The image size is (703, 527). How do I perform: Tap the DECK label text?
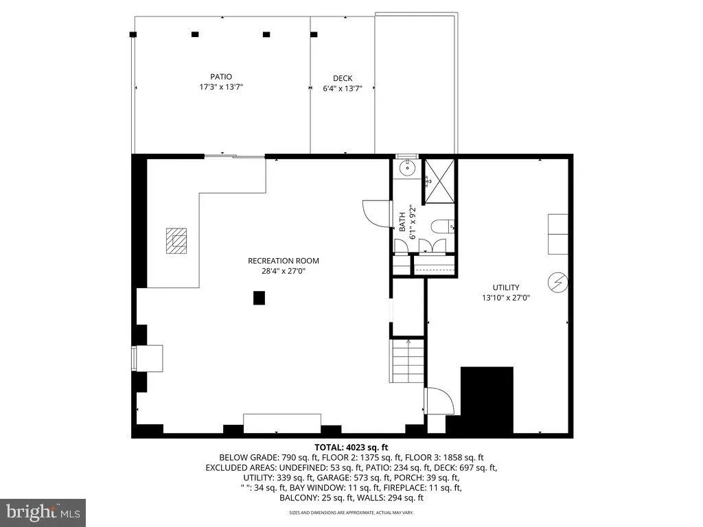coord(342,78)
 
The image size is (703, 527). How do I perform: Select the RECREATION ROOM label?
coord(283,261)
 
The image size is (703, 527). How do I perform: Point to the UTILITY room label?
coord(505,288)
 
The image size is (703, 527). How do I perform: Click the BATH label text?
coord(402,222)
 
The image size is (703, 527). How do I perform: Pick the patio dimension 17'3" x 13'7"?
coord(221,87)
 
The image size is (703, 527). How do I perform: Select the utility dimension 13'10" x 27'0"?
coord(505,298)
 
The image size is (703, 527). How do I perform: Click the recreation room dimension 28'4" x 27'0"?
coord(283,271)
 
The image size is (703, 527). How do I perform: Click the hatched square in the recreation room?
coord(176,241)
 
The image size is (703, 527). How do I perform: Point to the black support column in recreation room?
coord(259,297)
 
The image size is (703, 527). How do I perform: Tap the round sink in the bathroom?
coord(407,166)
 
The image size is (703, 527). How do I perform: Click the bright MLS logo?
coord(43,512)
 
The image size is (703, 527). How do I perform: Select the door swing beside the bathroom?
coord(377,212)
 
